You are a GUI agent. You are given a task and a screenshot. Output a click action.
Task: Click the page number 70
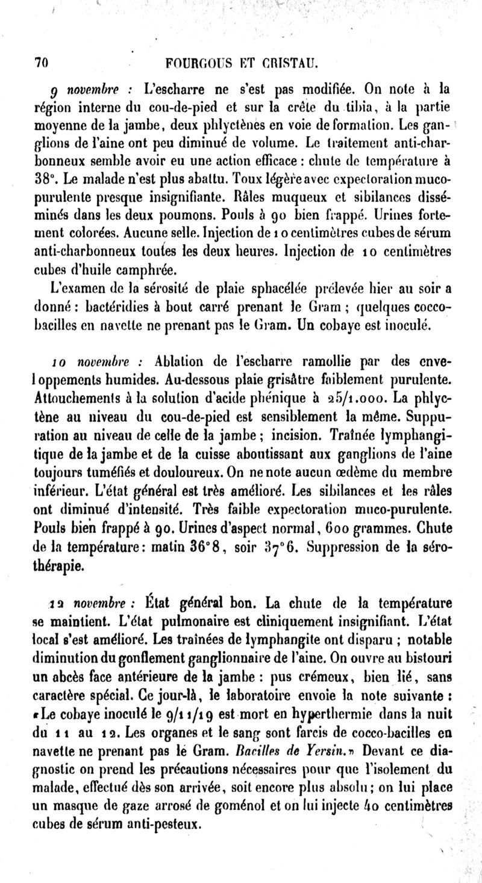point(40,62)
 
